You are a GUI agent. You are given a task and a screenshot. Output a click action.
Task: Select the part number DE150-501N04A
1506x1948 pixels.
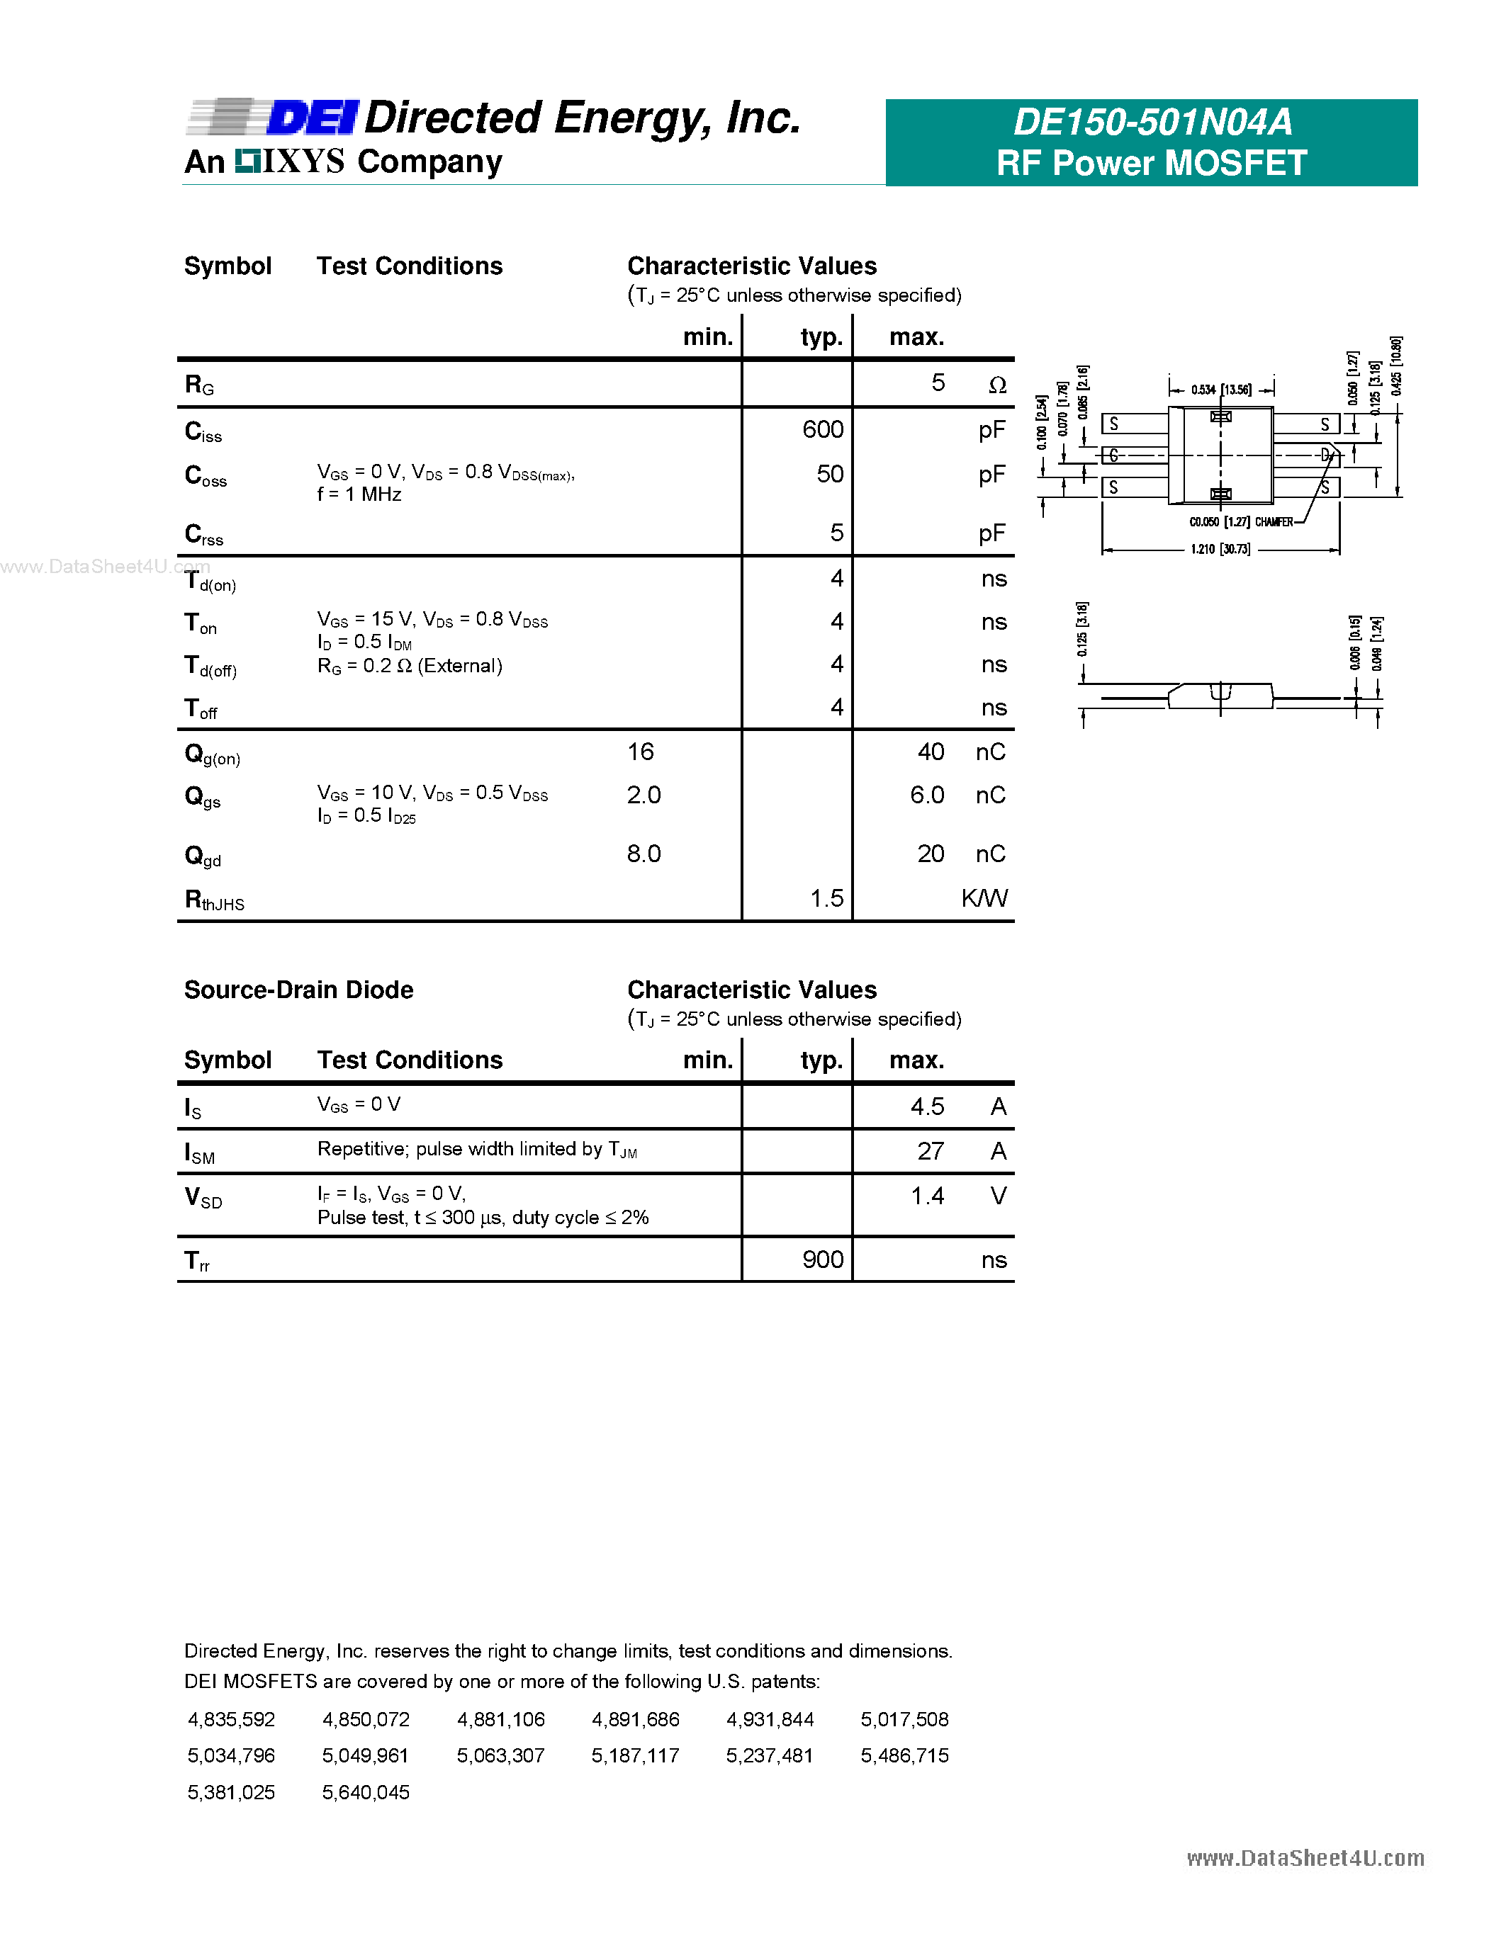1152,123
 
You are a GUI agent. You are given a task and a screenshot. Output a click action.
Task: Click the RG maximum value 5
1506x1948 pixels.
938,383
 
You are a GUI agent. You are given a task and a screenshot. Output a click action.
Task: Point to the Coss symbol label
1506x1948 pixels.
206,475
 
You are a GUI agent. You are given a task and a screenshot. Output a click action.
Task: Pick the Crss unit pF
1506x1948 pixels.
991,533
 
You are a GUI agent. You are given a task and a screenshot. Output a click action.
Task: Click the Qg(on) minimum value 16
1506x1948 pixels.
641,752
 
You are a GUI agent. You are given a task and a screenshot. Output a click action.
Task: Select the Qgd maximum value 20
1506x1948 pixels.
931,854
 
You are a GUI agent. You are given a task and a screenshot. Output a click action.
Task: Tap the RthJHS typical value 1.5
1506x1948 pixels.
826,898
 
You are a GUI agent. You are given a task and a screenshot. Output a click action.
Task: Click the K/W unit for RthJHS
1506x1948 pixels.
984,898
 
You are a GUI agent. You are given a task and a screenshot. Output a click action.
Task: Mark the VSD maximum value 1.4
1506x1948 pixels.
927,1196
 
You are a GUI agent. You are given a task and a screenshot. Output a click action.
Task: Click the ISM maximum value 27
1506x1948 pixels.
931,1152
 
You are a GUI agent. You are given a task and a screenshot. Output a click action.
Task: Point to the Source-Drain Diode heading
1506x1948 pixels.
298,990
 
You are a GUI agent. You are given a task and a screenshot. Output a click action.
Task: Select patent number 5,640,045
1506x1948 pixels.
366,1792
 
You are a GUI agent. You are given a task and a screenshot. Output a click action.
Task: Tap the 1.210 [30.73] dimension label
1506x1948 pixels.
1220,550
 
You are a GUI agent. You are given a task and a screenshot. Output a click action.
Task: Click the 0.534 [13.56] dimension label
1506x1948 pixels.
1220,390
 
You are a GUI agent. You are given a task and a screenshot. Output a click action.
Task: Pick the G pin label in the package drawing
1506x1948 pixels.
1113,455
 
